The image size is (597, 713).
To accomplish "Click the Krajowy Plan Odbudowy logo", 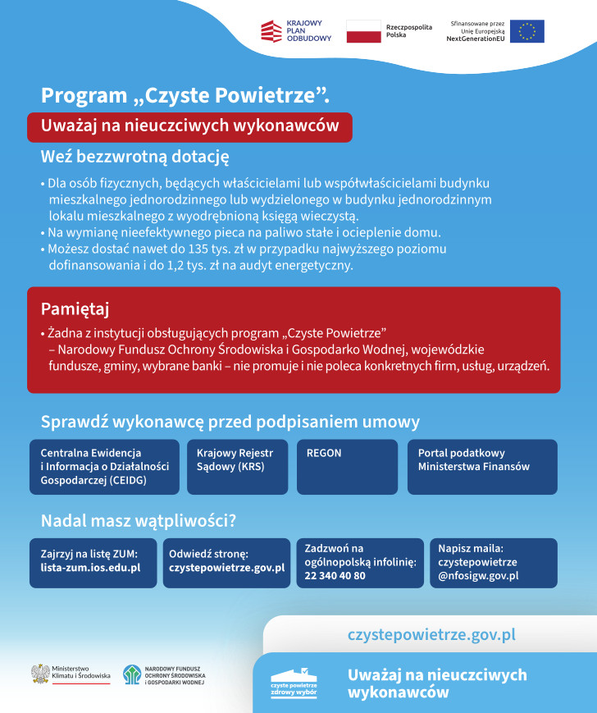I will pyautogui.click(x=295, y=31).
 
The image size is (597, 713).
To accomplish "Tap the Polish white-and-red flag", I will pyautogui.click(x=363, y=31).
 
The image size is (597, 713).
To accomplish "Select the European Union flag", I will pyautogui.click(x=526, y=31).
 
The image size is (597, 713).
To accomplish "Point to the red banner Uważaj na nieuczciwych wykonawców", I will pyautogui.click(x=190, y=127).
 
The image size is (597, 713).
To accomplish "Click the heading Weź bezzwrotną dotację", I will pyautogui.click(x=134, y=156).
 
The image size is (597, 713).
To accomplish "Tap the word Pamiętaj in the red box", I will pyautogui.click(x=75, y=309).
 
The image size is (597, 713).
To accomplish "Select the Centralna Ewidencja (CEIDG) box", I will pyautogui.click(x=104, y=467).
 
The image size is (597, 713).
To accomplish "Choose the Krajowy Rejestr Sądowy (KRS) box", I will pyautogui.click(x=238, y=467).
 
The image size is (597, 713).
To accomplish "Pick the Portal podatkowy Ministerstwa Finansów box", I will pyautogui.click(x=482, y=467).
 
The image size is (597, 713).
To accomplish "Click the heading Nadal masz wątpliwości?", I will pyautogui.click(x=139, y=520).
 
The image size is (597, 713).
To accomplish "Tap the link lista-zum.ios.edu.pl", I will pyautogui.click(x=90, y=568).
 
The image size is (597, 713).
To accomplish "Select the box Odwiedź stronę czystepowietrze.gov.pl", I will pyautogui.click(x=226, y=562).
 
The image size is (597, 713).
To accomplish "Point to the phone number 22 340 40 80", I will pyautogui.click(x=335, y=576).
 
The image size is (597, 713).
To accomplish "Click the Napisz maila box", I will pyautogui.click(x=493, y=562).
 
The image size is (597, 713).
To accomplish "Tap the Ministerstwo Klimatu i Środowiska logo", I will pyautogui.click(x=71, y=674).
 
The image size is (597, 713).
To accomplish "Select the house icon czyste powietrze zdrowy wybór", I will pyautogui.click(x=294, y=679).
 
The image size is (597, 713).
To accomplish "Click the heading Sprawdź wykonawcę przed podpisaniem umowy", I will pyautogui.click(x=230, y=423).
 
